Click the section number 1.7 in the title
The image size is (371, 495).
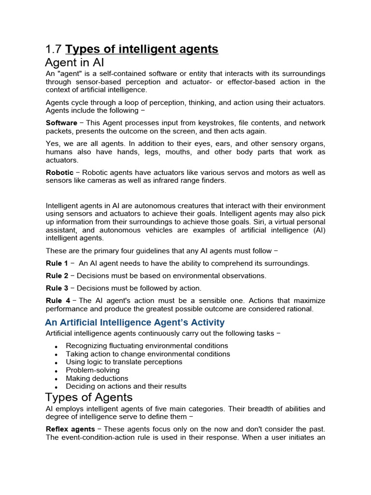(54, 49)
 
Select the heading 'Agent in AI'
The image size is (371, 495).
(74, 63)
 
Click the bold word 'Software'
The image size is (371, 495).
(61, 123)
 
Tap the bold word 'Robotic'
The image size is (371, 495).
(59, 173)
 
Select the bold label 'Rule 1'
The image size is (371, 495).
(57, 263)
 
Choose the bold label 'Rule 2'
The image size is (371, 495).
(57, 276)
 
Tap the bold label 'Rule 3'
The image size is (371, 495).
(57, 288)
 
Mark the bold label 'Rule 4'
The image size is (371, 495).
(58, 300)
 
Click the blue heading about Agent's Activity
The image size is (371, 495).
(135, 322)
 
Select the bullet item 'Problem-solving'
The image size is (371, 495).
(93, 370)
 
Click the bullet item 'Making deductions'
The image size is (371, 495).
(97, 379)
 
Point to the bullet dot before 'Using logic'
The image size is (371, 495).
(57, 363)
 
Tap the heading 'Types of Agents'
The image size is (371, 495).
(88, 397)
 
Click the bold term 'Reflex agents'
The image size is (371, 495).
(70, 429)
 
